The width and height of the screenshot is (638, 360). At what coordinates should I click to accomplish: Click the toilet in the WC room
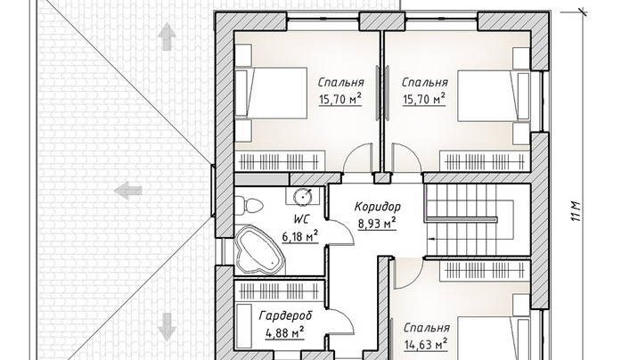pyautogui.click(x=248, y=205)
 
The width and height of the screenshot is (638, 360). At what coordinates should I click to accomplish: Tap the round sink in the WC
pyautogui.click(x=303, y=196)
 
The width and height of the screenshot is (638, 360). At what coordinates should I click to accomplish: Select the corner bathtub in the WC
pyautogui.click(x=259, y=251)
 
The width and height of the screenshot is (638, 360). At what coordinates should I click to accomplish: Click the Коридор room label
pyautogui.click(x=378, y=207)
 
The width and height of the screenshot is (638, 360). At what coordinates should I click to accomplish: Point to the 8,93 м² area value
pyautogui.click(x=377, y=224)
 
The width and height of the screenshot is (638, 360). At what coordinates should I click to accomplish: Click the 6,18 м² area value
pyautogui.click(x=300, y=236)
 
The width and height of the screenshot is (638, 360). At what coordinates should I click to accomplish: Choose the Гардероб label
pyautogui.click(x=286, y=315)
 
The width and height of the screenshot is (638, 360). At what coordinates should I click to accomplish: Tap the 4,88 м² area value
pyautogui.click(x=285, y=333)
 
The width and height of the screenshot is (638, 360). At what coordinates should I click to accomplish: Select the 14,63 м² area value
pyautogui.click(x=426, y=345)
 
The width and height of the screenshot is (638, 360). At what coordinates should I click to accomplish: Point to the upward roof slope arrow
pyautogui.click(x=167, y=37)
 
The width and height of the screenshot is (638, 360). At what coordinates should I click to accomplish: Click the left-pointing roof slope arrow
pyautogui.click(x=128, y=191)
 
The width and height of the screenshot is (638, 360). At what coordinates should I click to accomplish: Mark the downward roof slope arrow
pyautogui.click(x=167, y=327)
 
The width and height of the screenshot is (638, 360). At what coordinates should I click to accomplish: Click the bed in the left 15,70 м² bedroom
pyautogui.click(x=271, y=94)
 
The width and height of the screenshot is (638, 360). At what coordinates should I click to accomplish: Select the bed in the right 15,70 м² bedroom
pyautogui.click(x=494, y=96)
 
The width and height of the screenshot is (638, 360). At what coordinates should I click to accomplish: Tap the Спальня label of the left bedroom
pyautogui.click(x=340, y=83)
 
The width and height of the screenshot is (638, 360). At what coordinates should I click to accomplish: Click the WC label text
pyautogui.click(x=301, y=220)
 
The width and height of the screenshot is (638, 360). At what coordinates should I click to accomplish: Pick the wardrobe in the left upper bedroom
pyautogui.click(x=280, y=161)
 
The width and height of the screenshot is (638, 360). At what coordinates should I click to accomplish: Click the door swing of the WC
pyautogui.click(x=341, y=233)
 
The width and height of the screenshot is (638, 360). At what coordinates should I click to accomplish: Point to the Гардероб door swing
pyautogui.click(x=341, y=322)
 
